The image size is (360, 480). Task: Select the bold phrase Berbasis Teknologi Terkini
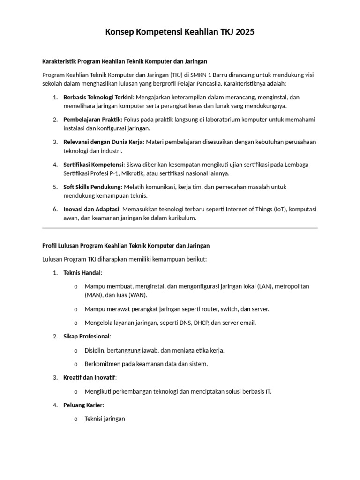pyautogui.click(x=98, y=97)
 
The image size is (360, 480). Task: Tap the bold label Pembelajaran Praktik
pyautogui.click(x=92, y=120)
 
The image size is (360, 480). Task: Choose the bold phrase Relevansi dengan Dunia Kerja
pyautogui.click(x=103, y=142)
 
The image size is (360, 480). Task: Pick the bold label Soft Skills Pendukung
pyautogui.click(x=92, y=187)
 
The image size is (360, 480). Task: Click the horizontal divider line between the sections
pyautogui.click(x=180, y=228)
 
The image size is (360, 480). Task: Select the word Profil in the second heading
pyautogui.click(x=50, y=245)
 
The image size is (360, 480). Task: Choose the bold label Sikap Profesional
pyautogui.click(x=87, y=336)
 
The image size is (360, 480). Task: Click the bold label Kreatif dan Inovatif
pyautogui.click(x=90, y=377)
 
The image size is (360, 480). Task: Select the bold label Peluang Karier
pyautogui.click(x=82, y=405)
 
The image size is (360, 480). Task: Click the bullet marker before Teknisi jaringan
pyautogui.click(x=76, y=419)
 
